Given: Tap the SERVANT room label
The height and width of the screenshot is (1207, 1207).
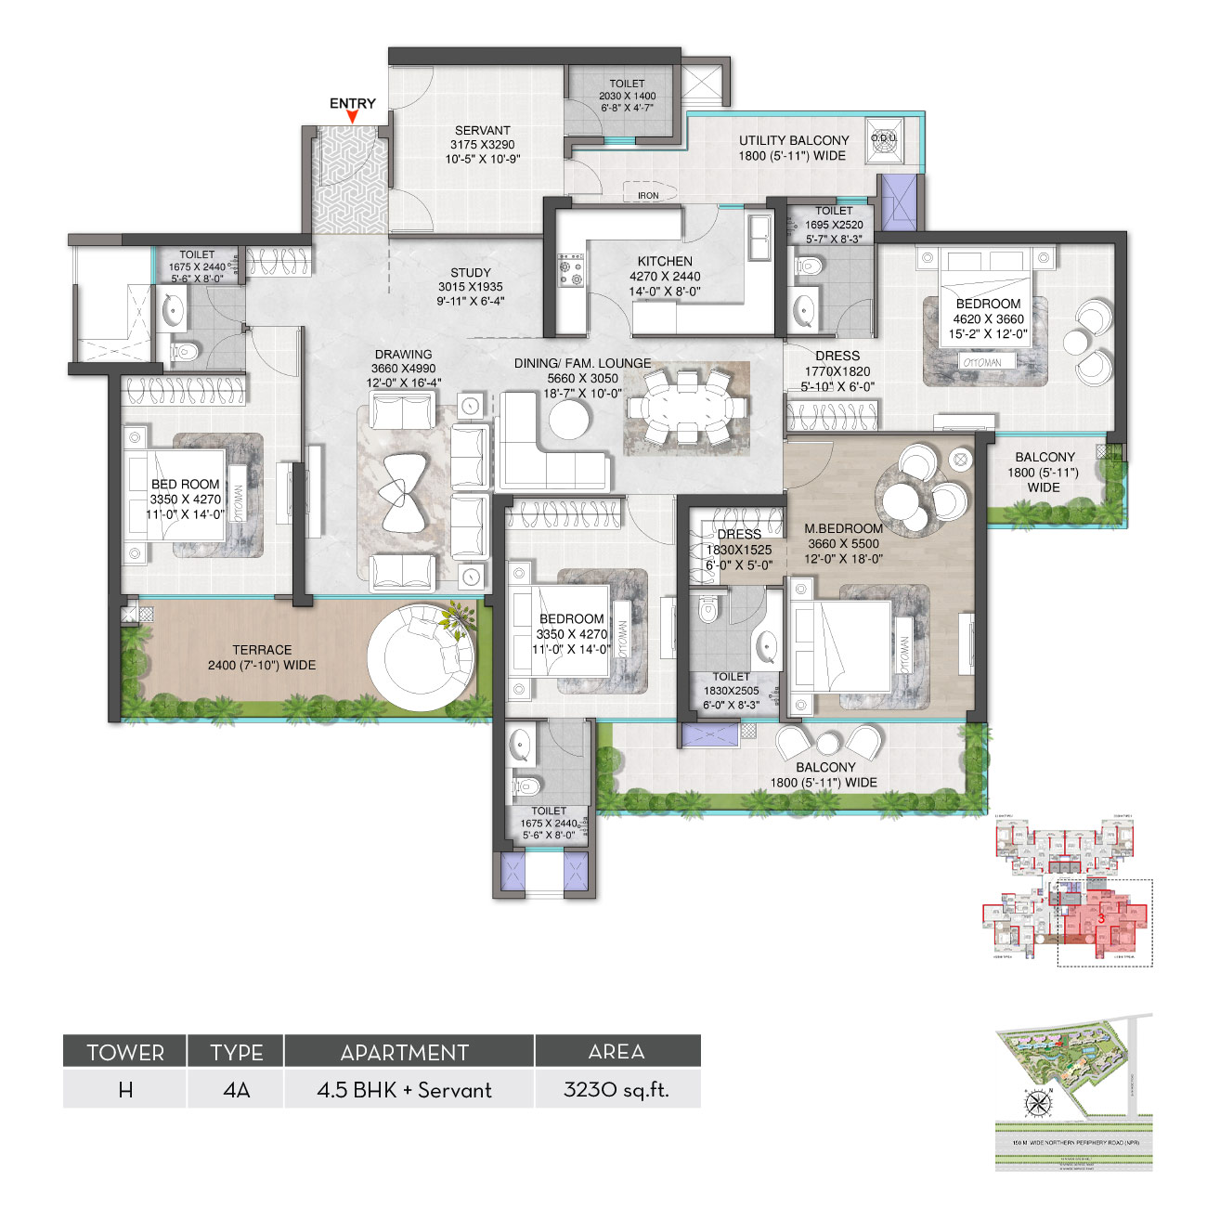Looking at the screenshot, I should pos(482,131).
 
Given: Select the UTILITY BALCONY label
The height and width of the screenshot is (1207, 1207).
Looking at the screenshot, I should pos(794,140).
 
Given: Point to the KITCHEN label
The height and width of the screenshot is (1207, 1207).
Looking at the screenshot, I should pos(665,261).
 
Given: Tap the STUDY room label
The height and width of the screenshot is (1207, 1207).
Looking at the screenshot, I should pos(471,272).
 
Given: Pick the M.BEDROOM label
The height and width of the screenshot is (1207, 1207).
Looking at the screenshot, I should pos(843,528).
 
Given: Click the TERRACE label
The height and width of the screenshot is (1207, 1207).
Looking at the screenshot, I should pos(262,650).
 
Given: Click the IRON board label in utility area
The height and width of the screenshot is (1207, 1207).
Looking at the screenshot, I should pos(648,195).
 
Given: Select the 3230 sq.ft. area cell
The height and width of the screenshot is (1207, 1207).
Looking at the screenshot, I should pos(616,1089).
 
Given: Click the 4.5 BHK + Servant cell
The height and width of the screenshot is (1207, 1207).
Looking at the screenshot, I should pos(405,1089).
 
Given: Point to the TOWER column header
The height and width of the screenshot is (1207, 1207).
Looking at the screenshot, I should pos(125,1052).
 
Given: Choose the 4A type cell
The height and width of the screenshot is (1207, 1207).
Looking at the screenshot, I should pos(237,1089).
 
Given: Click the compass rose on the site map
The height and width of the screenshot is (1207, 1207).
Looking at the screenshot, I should pos(1036,1104).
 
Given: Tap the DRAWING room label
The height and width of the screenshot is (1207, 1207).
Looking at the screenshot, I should pos(403,354).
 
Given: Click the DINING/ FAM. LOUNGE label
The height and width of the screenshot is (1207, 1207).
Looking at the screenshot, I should pos(582,363).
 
